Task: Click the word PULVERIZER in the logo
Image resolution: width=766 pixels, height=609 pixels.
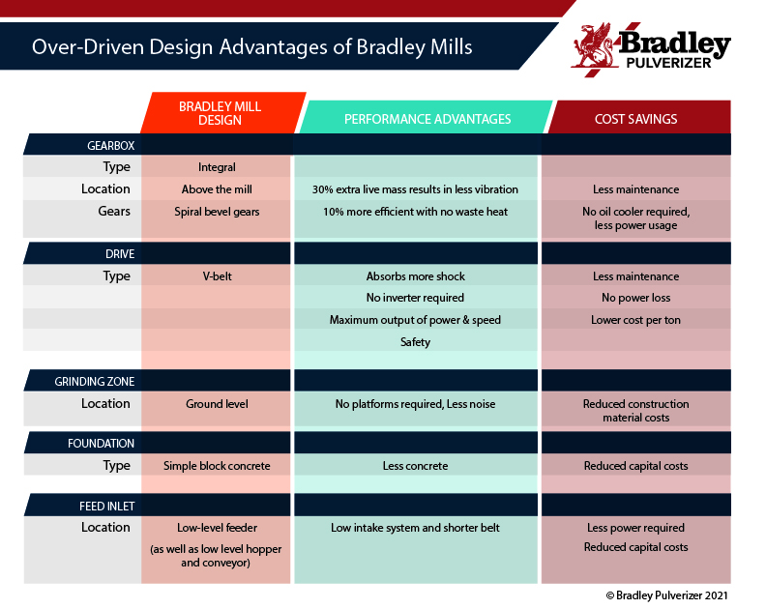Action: pos(668,63)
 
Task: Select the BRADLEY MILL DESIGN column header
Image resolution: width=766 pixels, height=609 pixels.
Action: pos(220,113)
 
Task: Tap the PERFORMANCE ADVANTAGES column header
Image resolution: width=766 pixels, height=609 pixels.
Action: pos(427,119)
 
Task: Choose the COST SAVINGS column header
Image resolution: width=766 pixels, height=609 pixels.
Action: pos(635,119)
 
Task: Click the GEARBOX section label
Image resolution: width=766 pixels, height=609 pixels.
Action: pos(111,146)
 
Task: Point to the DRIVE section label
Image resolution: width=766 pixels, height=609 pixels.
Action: pos(120,254)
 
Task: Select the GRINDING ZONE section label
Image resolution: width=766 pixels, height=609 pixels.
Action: pos(94,382)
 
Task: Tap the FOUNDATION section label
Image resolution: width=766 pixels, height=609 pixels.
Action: pos(101,444)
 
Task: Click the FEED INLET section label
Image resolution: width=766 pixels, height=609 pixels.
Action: pos(107,506)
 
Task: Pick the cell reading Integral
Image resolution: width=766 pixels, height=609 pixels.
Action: pos(217,167)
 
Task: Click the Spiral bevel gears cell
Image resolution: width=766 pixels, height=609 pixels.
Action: pos(217,212)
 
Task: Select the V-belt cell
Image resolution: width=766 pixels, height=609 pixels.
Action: pos(217,275)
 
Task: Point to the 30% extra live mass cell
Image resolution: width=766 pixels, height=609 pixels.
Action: pos(415,189)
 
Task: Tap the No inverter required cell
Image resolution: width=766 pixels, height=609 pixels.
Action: pos(415,298)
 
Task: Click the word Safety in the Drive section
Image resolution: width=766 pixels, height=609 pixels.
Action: pos(415,342)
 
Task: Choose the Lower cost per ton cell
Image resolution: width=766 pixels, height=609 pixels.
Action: pos(635,320)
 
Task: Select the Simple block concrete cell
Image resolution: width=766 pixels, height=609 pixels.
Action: pos(217,466)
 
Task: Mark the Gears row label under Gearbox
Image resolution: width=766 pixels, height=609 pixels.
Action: pos(114,211)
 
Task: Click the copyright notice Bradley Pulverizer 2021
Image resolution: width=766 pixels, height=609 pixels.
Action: pos(666,595)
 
